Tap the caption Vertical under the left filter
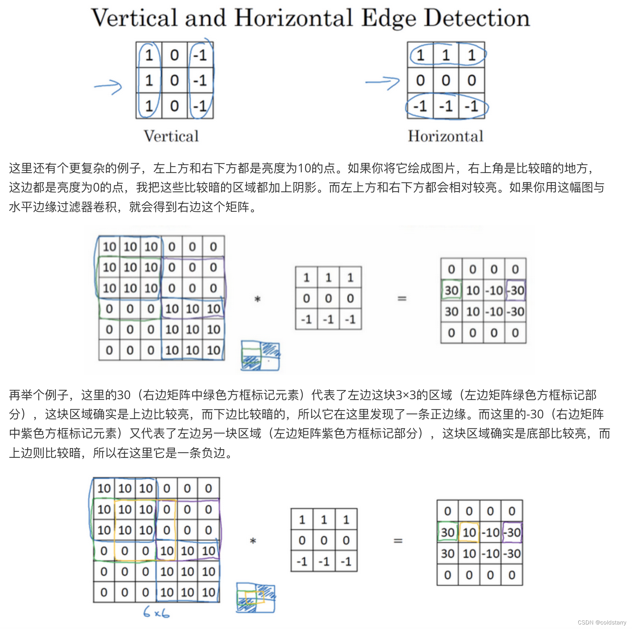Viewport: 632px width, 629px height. point(171,136)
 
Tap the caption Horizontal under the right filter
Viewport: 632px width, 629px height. point(446,136)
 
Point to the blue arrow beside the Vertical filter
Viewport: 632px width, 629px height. point(108,87)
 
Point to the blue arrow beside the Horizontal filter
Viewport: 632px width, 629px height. point(382,82)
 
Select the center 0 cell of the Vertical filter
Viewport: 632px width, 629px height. point(174,81)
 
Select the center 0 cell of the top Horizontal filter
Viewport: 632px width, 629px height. point(446,81)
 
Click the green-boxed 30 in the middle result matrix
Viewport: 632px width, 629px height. point(451,290)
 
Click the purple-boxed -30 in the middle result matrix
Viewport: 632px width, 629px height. point(516,290)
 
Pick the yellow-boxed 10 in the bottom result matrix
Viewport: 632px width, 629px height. point(469,532)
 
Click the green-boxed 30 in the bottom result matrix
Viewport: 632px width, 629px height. point(448,532)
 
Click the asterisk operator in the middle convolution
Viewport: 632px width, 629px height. point(258,299)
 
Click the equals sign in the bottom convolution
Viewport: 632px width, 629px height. point(398,541)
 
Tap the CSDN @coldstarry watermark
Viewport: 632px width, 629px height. point(602,623)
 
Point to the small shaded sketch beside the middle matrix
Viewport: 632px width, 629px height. point(260,356)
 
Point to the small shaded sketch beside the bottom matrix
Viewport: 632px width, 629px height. point(256,597)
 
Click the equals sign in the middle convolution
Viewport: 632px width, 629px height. point(402,299)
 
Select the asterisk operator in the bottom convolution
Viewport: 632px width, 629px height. point(253,541)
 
